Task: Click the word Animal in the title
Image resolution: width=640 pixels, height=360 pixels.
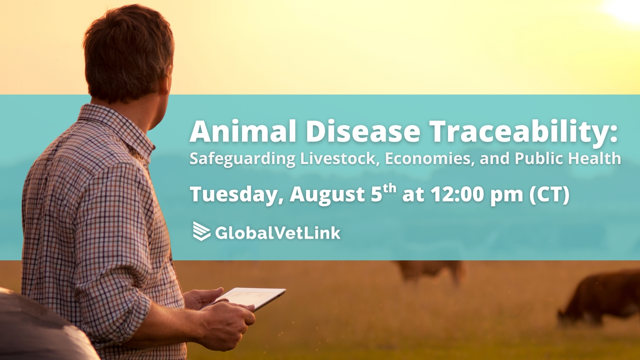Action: tap(243, 131)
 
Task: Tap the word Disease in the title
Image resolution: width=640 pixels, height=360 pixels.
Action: tap(363, 131)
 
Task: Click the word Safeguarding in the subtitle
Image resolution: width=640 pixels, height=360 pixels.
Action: tap(242, 159)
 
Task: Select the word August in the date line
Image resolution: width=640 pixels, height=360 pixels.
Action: tap(328, 195)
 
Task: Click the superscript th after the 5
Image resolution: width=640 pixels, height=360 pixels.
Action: tap(389, 188)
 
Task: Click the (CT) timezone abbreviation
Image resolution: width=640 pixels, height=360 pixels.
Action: tap(549, 195)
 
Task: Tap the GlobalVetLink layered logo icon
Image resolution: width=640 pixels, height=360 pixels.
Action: tap(202, 231)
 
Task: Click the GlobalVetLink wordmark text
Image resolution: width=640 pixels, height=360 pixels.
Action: tap(278, 233)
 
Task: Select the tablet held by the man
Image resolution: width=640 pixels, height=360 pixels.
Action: tap(247, 298)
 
